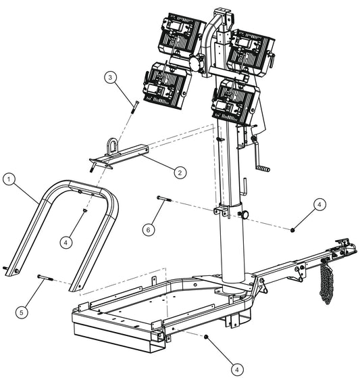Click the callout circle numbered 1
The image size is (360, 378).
click(x=8, y=179)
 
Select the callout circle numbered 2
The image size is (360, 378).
click(x=179, y=172)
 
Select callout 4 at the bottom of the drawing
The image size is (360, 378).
click(x=237, y=369)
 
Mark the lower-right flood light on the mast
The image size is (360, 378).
click(x=234, y=100)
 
